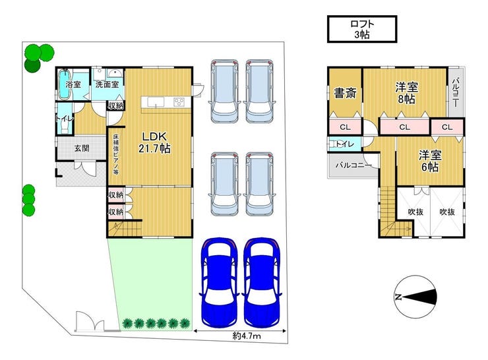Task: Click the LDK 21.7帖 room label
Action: (x=154, y=142)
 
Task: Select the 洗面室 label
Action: (x=107, y=84)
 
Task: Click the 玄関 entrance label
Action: (x=82, y=148)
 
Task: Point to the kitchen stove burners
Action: (x=178, y=102)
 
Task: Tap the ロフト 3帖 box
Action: (x=362, y=29)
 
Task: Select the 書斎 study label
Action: (x=345, y=93)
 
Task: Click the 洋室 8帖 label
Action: (x=406, y=92)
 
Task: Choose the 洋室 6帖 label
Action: (x=430, y=161)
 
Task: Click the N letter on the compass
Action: (x=398, y=297)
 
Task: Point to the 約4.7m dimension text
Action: (x=247, y=336)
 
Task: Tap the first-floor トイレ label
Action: (x=65, y=119)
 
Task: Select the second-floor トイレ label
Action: (x=345, y=144)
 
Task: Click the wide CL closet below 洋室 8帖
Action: (x=404, y=127)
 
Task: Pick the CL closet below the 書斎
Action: (x=345, y=127)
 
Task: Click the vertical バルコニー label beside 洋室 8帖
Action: (x=455, y=93)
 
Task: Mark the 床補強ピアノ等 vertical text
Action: (x=116, y=155)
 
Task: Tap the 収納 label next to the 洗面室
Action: (x=115, y=105)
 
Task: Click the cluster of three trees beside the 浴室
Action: (x=38, y=57)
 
